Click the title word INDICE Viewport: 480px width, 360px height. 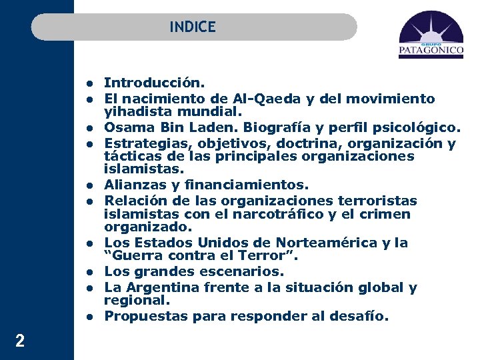click(193, 27)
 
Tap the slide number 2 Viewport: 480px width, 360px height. click(20, 341)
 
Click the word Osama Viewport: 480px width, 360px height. click(126, 127)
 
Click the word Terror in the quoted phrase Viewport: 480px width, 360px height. click(262, 257)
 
